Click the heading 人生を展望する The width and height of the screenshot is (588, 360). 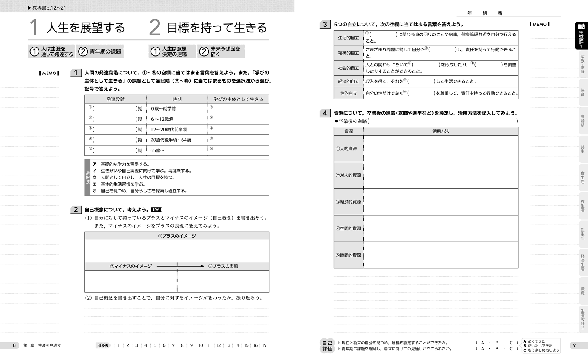[86, 28]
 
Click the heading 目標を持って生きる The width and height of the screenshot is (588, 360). [217, 28]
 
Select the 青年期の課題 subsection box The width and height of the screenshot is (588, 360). [100, 52]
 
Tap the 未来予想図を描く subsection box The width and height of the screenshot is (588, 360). [221, 52]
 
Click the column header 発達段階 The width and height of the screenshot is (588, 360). [115, 99]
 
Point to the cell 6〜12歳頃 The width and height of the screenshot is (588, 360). [162, 119]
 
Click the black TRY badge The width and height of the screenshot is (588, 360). [156, 210]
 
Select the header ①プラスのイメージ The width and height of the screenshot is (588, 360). [177, 236]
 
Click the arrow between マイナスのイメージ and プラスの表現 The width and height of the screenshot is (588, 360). [180, 266]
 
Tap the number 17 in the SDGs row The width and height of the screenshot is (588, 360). [264, 345]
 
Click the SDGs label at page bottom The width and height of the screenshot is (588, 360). [103, 345]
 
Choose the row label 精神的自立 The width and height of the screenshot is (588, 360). [349, 53]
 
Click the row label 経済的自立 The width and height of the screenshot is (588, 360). [349, 82]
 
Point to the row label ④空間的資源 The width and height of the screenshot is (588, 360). [348, 229]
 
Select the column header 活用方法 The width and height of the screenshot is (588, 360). [441, 131]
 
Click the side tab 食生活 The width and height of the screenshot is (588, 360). [582, 177]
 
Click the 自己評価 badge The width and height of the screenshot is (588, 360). [327, 346]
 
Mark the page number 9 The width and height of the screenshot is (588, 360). [574, 345]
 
